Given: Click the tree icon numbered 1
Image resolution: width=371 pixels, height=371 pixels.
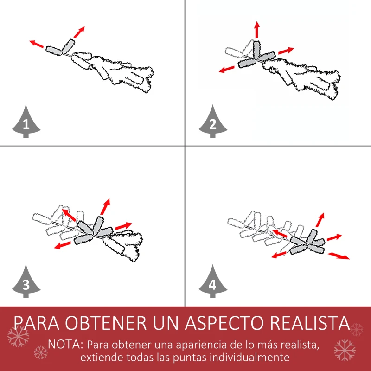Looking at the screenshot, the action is [26, 122].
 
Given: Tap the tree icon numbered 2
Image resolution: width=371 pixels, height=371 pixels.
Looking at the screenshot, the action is [213, 122].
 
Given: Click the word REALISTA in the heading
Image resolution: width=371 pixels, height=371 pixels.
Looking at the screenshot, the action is [310, 323].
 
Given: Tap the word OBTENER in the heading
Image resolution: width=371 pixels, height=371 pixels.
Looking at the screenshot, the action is [106, 323].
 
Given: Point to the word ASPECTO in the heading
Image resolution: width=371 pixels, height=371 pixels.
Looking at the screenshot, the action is [224, 323].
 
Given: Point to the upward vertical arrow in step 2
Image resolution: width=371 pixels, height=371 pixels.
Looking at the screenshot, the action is [257, 30].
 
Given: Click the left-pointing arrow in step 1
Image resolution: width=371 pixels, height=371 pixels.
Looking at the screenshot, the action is [37, 44].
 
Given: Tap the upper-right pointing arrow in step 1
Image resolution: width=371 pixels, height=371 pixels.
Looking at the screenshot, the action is [79, 32].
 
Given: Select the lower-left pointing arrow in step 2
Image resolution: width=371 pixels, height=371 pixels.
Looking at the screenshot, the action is [226, 69].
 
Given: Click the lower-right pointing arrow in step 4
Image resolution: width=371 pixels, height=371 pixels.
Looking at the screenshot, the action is [339, 256].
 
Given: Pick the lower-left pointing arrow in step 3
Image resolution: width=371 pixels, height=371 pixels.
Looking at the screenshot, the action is [62, 245].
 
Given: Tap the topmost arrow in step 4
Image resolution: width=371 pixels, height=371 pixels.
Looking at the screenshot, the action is [320, 220].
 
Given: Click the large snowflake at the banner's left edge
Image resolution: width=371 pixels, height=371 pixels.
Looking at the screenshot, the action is [18, 336].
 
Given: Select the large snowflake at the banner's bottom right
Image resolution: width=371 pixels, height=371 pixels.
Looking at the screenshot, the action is [345, 350].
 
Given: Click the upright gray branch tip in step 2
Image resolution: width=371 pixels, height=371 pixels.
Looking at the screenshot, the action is [256, 50].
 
